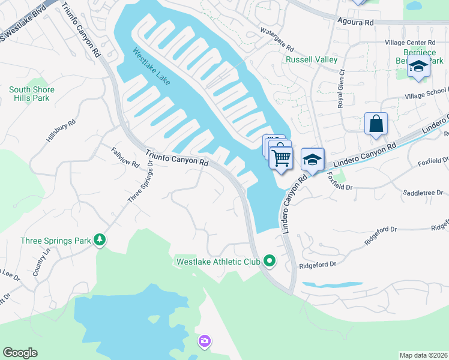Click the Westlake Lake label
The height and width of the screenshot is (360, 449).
pyautogui.click(x=151, y=67)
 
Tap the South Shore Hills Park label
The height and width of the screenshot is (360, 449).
pyautogui.click(x=31, y=94)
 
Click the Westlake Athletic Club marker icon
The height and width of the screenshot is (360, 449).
pyautogui.click(x=270, y=261)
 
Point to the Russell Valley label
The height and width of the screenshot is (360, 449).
pyautogui.click(x=306, y=60)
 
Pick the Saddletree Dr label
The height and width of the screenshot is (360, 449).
pyautogui.click(x=423, y=193)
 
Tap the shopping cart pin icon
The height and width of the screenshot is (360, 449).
pyautogui.click(x=280, y=158)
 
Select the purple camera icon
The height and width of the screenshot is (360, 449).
pyautogui.click(x=205, y=341)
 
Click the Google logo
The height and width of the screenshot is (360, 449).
pyautogui.click(x=20, y=353)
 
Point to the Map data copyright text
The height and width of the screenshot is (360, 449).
pyautogui.click(x=423, y=355)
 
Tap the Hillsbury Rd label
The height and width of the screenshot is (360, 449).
pyautogui.click(x=61, y=130)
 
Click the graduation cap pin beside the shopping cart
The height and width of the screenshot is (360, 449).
pyautogui.click(x=312, y=159)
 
